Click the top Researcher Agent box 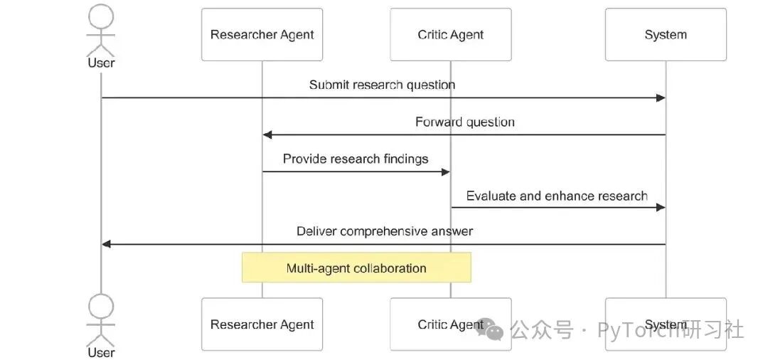[x=262, y=35]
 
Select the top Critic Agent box [x=450, y=35]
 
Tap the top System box [x=666, y=35]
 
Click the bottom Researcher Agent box [x=262, y=324]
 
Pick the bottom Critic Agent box [x=450, y=324]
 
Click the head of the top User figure [x=101, y=16]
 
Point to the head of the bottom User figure [x=101, y=306]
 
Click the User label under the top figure [x=101, y=63]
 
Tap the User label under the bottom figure [x=101, y=353]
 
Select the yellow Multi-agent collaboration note [x=356, y=268]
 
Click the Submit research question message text [x=382, y=85]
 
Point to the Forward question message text [x=464, y=122]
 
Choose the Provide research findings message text [x=356, y=159]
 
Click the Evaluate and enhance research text [x=557, y=196]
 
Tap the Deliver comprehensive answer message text [x=385, y=231]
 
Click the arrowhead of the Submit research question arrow [x=661, y=98]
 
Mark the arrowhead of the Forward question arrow [x=267, y=134]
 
